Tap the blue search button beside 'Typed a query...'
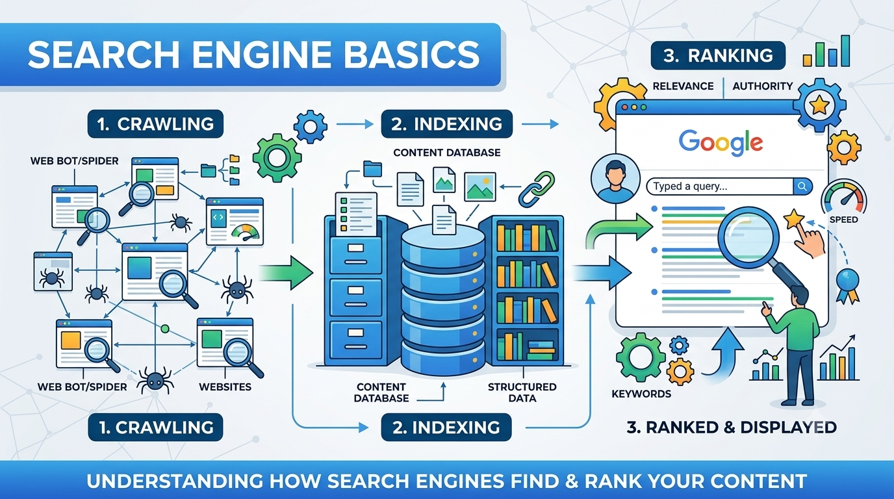802,186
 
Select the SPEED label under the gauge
844,220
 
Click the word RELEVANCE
683,86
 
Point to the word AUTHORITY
763,86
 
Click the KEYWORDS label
641,394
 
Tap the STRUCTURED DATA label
522,392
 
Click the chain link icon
537,189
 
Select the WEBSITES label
225,387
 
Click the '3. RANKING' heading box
718,55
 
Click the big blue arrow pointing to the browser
602,273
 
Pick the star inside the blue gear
819,105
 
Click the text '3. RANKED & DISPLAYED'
732,427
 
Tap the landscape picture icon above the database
479,187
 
